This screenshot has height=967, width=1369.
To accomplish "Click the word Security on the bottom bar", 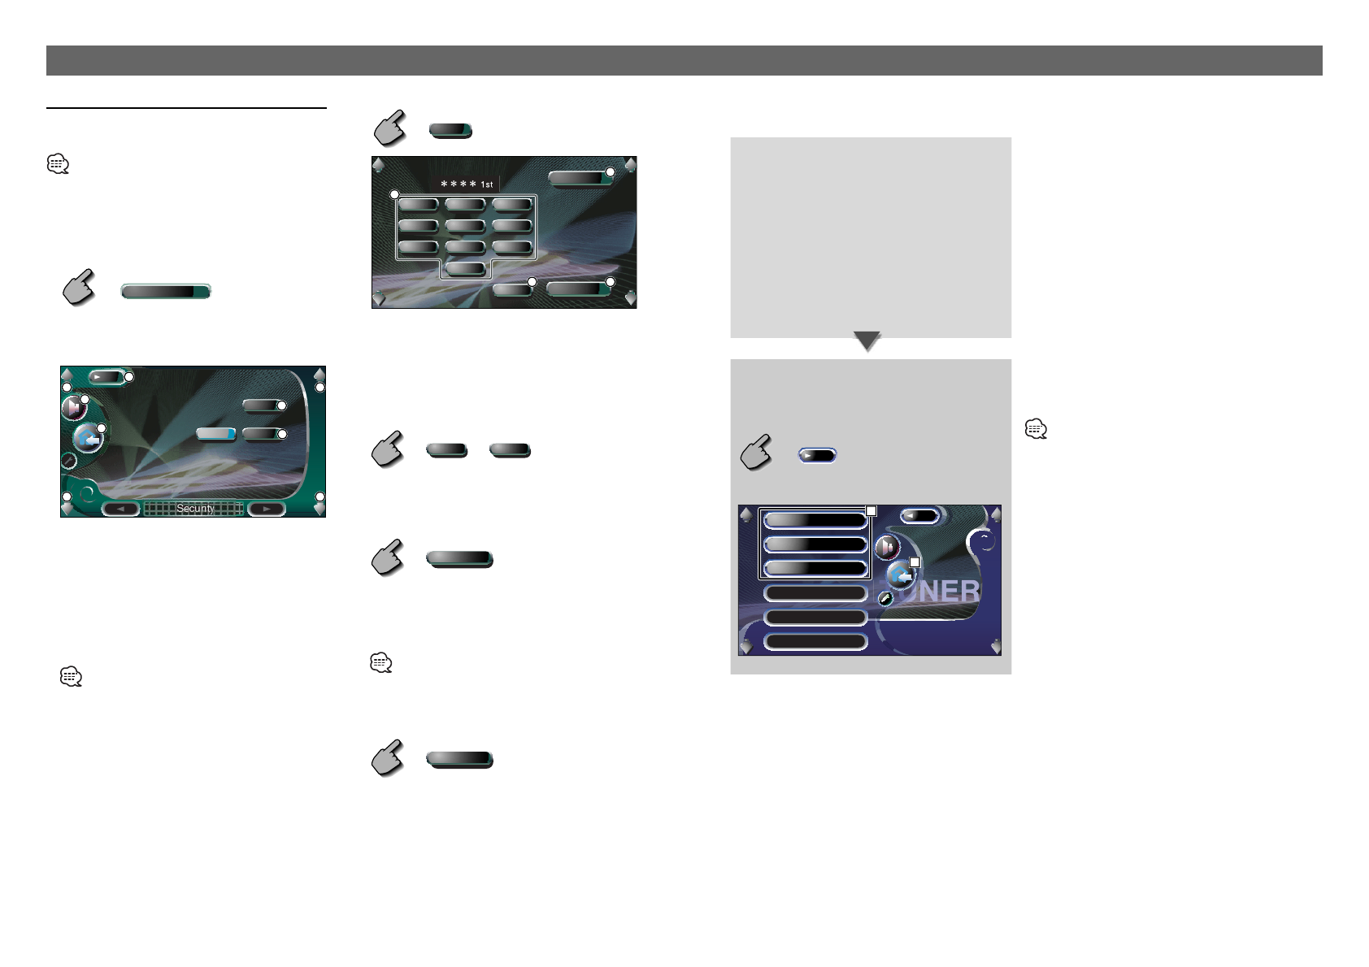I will coord(195,509).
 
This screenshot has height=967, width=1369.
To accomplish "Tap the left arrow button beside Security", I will coord(121,510).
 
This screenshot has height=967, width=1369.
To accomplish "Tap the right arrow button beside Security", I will coord(266,510).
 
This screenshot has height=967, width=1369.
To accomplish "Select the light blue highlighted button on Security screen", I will coord(216,434).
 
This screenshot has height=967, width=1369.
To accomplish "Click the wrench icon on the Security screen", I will coord(69,461).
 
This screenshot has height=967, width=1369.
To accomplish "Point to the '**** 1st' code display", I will coord(467,184).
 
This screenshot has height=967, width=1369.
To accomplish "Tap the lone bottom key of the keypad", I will coord(466,268).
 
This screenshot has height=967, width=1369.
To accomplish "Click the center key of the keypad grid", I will coord(465,226).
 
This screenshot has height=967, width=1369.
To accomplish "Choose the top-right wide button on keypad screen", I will coord(579,177).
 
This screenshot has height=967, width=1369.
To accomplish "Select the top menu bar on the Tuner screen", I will coord(815,520).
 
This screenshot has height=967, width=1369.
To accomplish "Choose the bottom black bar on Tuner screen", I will coord(815,642).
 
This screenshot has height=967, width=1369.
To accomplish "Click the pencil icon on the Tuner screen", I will coord(886,599).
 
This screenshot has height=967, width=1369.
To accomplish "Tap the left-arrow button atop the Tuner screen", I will coord(919,515).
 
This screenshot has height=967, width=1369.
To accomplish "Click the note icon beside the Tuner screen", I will coord(1036,429).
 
